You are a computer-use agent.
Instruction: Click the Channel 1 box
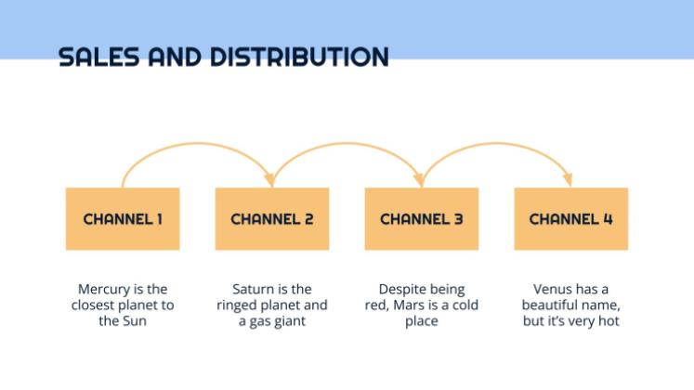click(123, 219)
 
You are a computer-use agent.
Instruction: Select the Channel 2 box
click(272, 219)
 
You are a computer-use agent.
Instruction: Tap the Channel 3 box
click(422, 219)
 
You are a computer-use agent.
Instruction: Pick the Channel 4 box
click(571, 219)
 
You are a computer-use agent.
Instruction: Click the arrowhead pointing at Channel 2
click(270, 178)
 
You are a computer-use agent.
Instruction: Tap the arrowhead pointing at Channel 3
click(421, 178)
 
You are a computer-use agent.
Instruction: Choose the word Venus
click(553, 290)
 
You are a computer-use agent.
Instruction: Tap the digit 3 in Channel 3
click(458, 219)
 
